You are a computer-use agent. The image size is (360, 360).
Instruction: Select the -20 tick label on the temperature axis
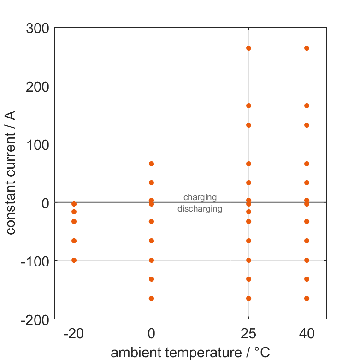[74, 333]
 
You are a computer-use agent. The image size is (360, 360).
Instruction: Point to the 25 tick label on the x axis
[248, 333]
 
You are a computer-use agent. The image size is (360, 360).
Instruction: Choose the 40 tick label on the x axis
[307, 333]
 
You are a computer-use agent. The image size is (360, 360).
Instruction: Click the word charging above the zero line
[200, 197]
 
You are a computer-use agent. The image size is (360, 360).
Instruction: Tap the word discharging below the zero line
[200, 209]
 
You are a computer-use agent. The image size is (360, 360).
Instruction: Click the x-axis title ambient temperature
[190, 353]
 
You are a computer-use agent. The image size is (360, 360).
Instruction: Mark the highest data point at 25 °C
[249, 48]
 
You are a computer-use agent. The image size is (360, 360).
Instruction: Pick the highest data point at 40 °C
[307, 48]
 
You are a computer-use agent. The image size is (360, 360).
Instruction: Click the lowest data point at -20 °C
[74, 260]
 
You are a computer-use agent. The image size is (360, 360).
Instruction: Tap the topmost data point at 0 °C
[151, 164]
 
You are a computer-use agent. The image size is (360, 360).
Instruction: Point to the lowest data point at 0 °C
[151, 298]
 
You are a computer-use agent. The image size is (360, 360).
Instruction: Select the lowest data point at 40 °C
[307, 298]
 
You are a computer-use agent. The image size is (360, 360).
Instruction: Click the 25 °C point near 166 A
[249, 106]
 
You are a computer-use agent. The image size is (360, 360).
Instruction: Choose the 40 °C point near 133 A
[307, 125]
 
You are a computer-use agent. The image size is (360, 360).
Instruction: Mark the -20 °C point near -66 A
[74, 241]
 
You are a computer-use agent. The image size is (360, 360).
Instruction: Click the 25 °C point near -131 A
[249, 279]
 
